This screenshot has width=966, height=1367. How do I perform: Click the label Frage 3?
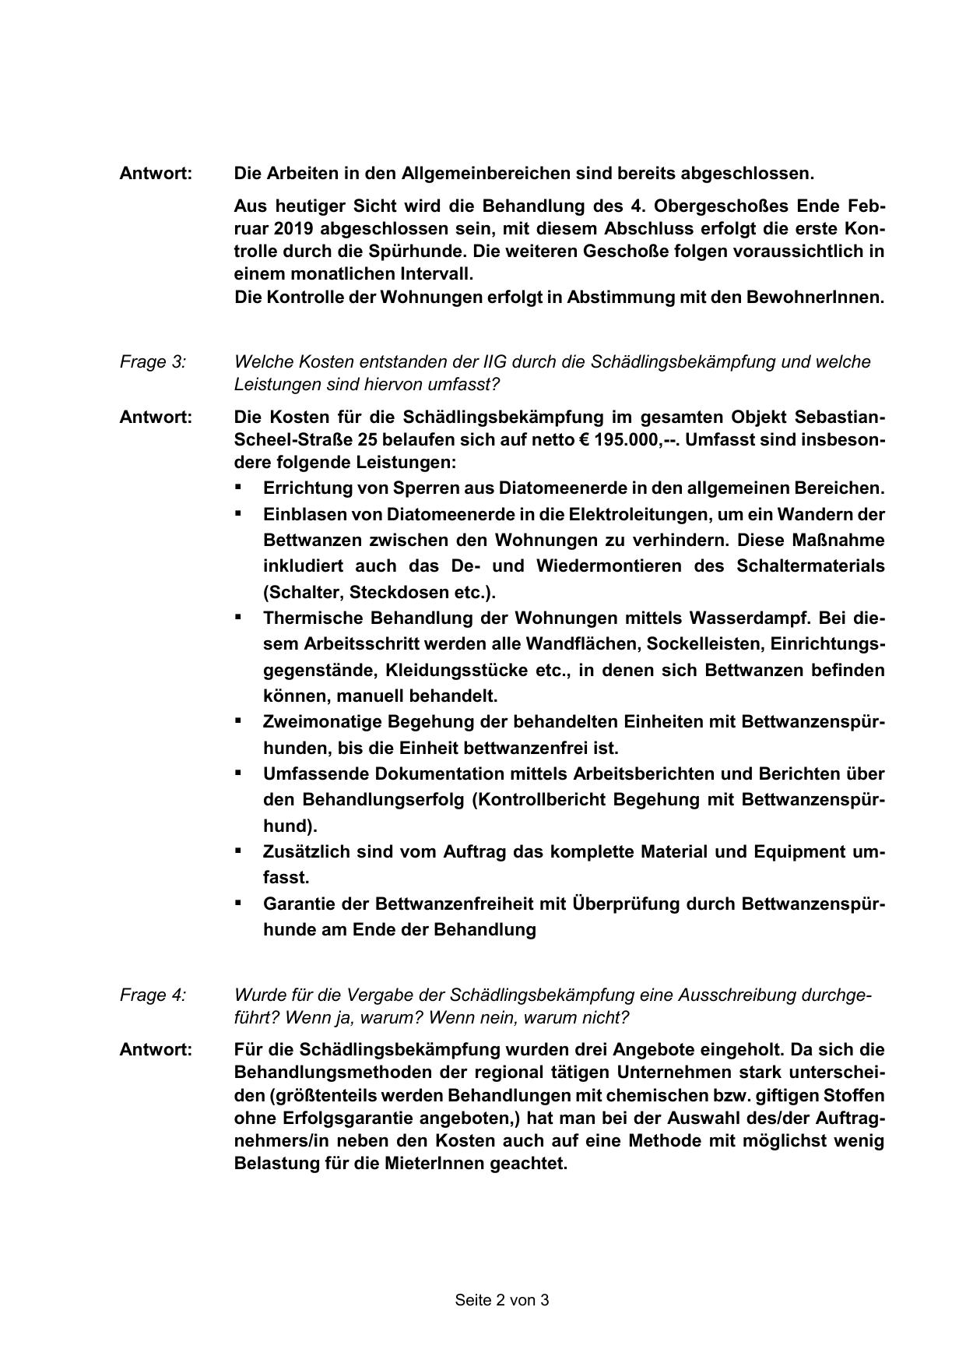pos(153,361)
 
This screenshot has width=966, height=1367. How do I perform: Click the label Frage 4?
pos(153,995)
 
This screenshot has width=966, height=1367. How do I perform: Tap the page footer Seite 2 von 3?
pos(502,1299)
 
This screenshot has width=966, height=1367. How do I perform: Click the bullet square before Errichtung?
pos(238,488)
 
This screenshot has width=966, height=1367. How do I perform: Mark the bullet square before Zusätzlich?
pos(238,851)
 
